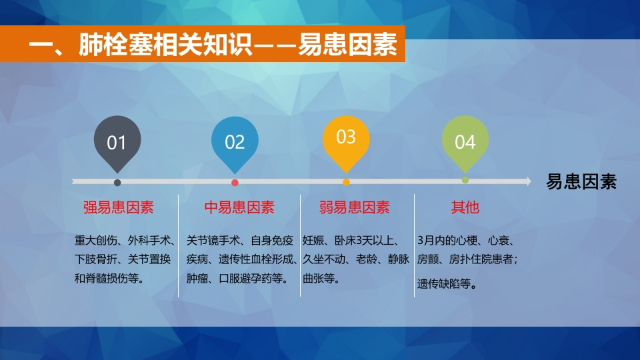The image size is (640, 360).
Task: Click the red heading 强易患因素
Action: tap(119, 207)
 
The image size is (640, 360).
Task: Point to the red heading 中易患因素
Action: tap(239, 207)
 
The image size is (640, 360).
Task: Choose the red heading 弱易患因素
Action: tap(354, 207)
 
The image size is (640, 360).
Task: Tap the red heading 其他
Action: tap(465, 207)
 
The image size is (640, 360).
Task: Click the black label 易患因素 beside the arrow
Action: tap(581, 181)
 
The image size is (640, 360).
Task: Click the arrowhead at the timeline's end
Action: tap(529, 181)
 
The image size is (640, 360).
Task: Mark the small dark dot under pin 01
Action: tap(117, 183)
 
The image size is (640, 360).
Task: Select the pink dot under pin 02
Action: tap(235, 183)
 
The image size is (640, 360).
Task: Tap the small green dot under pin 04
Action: tap(465, 180)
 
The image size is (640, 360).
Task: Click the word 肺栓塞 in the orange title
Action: tap(104, 44)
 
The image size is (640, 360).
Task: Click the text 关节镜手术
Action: tap(213, 241)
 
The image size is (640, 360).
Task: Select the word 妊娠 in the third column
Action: tap(313, 241)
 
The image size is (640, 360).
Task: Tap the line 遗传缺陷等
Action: tap(444, 284)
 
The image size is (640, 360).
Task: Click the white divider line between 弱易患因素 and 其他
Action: tap(414, 245)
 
